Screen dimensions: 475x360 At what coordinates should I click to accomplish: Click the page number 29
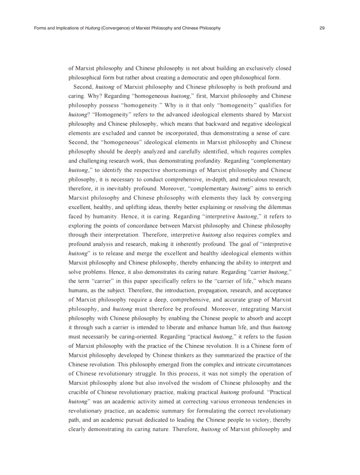click(322, 28)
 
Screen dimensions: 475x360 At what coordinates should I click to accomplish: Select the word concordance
click(156, 225)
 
